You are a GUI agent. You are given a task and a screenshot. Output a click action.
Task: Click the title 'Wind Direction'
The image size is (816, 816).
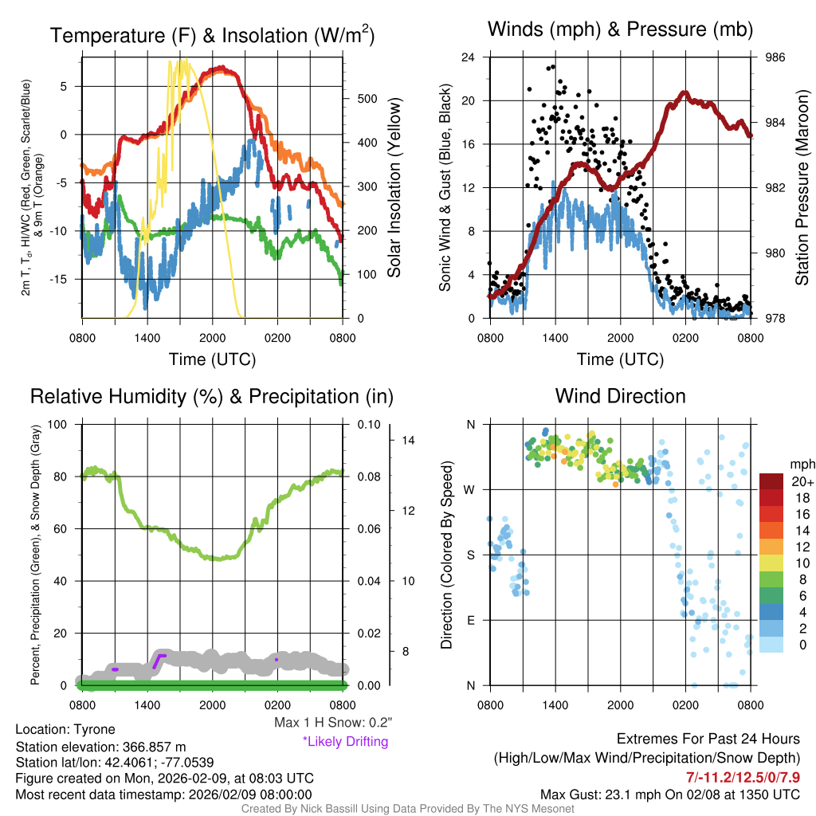pyautogui.click(x=620, y=396)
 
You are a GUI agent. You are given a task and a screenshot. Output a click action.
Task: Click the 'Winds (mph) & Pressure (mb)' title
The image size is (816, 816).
pyautogui.click(x=620, y=30)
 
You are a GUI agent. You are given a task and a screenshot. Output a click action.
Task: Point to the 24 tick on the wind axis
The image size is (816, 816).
pyautogui.click(x=469, y=57)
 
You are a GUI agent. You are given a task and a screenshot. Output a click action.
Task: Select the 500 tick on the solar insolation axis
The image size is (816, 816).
pyautogui.click(x=366, y=99)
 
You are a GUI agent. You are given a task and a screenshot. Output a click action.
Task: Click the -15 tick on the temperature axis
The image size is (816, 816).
pyautogui.click(x=64, y=279)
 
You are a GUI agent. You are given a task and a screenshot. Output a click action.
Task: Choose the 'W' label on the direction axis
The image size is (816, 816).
pyautogui.click(x=471, y=489)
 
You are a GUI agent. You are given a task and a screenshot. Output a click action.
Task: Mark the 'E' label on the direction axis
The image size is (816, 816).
pyautogui.click(x=472, y=620)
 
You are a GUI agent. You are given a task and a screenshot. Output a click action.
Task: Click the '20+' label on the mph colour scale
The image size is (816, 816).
pyautogui.click(x=802, y=482)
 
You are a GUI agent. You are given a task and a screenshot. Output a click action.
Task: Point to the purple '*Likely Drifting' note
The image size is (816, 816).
pyautogui.click(x=345, y=742)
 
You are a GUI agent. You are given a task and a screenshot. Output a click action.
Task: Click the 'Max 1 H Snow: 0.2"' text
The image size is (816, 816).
pyautogui.click(x=332, y=723)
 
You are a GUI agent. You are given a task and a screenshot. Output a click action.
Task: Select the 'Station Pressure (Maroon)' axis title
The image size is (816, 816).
pyautogui.click(x=802, y=188)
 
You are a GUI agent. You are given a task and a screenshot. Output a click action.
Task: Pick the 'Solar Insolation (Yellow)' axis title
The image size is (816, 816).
pyautogui.click(x=394, y=188)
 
